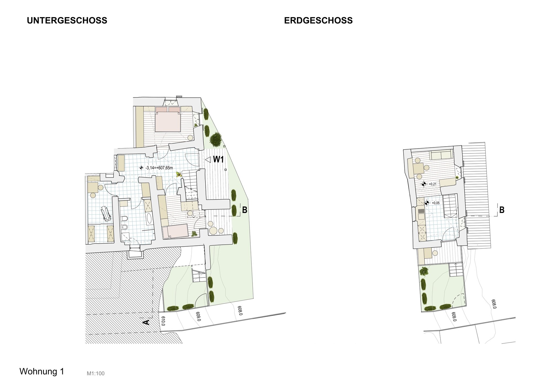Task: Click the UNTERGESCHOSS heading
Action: coord(67,20)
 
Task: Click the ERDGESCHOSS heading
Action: coord(318,20)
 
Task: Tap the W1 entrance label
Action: coord(218,159)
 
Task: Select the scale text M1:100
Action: coord(96,374)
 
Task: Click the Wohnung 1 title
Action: coord(42,371)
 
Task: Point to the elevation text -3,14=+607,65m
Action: coord(159,168)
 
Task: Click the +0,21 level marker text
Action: coord(433,184)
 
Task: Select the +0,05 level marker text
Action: coord(436,203)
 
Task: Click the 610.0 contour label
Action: coord(163,321)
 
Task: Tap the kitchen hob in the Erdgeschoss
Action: coord(422,211)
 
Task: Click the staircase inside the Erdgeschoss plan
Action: coord(450,206)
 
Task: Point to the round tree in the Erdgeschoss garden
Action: coord(423,271)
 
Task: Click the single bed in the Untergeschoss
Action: coord(175,231)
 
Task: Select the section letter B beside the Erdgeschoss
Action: coord(502,210)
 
